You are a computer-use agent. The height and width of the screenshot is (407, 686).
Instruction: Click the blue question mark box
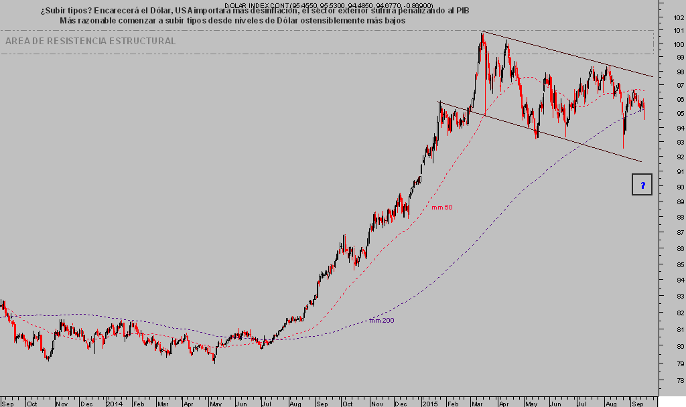coord(642,184)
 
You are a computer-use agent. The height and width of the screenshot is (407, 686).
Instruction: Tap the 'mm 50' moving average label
coord(441,208)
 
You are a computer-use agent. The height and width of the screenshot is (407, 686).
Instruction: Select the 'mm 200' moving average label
coord(382,321)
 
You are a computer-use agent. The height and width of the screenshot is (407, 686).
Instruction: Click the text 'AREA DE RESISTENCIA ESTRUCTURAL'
coord(90,42)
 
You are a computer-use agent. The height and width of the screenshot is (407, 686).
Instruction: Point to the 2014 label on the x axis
coord(115,403)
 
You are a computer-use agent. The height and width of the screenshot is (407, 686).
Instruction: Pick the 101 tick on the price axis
coord(679,30)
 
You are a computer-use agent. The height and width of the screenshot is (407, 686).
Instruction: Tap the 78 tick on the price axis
coord(679,380)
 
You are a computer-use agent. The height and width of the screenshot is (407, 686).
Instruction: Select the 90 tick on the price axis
coord(679,187)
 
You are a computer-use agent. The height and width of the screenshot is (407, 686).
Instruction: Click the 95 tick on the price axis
coord(679,113)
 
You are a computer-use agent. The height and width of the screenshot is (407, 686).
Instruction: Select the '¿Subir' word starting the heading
coord(53,11)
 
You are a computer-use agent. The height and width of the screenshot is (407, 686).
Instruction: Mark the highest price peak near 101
coord(482,33)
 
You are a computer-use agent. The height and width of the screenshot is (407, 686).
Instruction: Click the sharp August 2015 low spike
coord(623,147)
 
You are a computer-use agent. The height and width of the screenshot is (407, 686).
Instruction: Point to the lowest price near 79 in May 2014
coord(214,362)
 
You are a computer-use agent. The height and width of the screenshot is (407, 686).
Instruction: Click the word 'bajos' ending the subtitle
coord(393,21)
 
